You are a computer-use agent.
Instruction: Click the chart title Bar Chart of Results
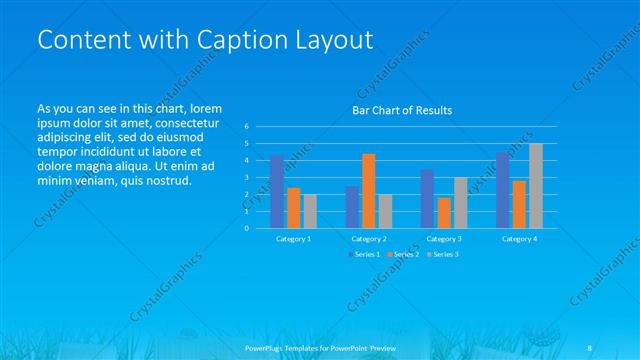click(401, 110)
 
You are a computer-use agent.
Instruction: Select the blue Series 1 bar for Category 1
click(276, 191)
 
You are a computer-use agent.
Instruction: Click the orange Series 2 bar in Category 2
click(368, 190)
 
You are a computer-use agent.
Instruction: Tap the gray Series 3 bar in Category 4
click(536, 185)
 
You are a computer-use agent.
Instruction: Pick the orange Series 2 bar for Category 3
click(443, 212)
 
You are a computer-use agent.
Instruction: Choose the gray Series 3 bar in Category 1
click(310, 211)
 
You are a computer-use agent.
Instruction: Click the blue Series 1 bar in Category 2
click(352, 206)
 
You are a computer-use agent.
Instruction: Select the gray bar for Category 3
click(460, 202)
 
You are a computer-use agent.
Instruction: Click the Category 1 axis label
click(293, 239)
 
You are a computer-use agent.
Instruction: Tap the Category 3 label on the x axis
click(443, 239)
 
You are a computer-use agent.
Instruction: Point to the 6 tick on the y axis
click(246, 127)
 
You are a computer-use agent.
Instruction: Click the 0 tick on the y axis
click(246, 228)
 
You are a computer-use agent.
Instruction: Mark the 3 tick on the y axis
click(246, 177)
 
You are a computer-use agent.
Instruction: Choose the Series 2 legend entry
click(403, 254)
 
